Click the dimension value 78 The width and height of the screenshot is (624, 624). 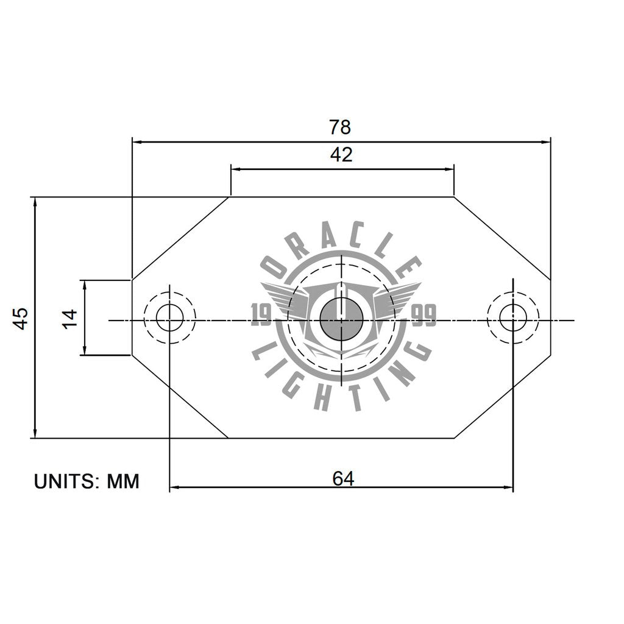tap(340, 127)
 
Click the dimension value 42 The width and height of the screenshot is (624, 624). tap(341, 155)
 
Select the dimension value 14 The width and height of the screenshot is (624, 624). tap(69, 318)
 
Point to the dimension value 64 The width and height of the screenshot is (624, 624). tap(343, 479)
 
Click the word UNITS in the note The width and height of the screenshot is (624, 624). tap(67, 481)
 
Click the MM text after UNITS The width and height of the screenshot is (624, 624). tap(123, 481)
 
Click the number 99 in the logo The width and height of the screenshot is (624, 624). tap(424, 316)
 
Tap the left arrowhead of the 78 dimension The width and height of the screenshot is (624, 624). tap(136, 142)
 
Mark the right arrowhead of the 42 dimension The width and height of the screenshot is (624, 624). tap(451, 169)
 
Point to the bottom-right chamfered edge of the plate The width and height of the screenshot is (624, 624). tap(503, 396)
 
